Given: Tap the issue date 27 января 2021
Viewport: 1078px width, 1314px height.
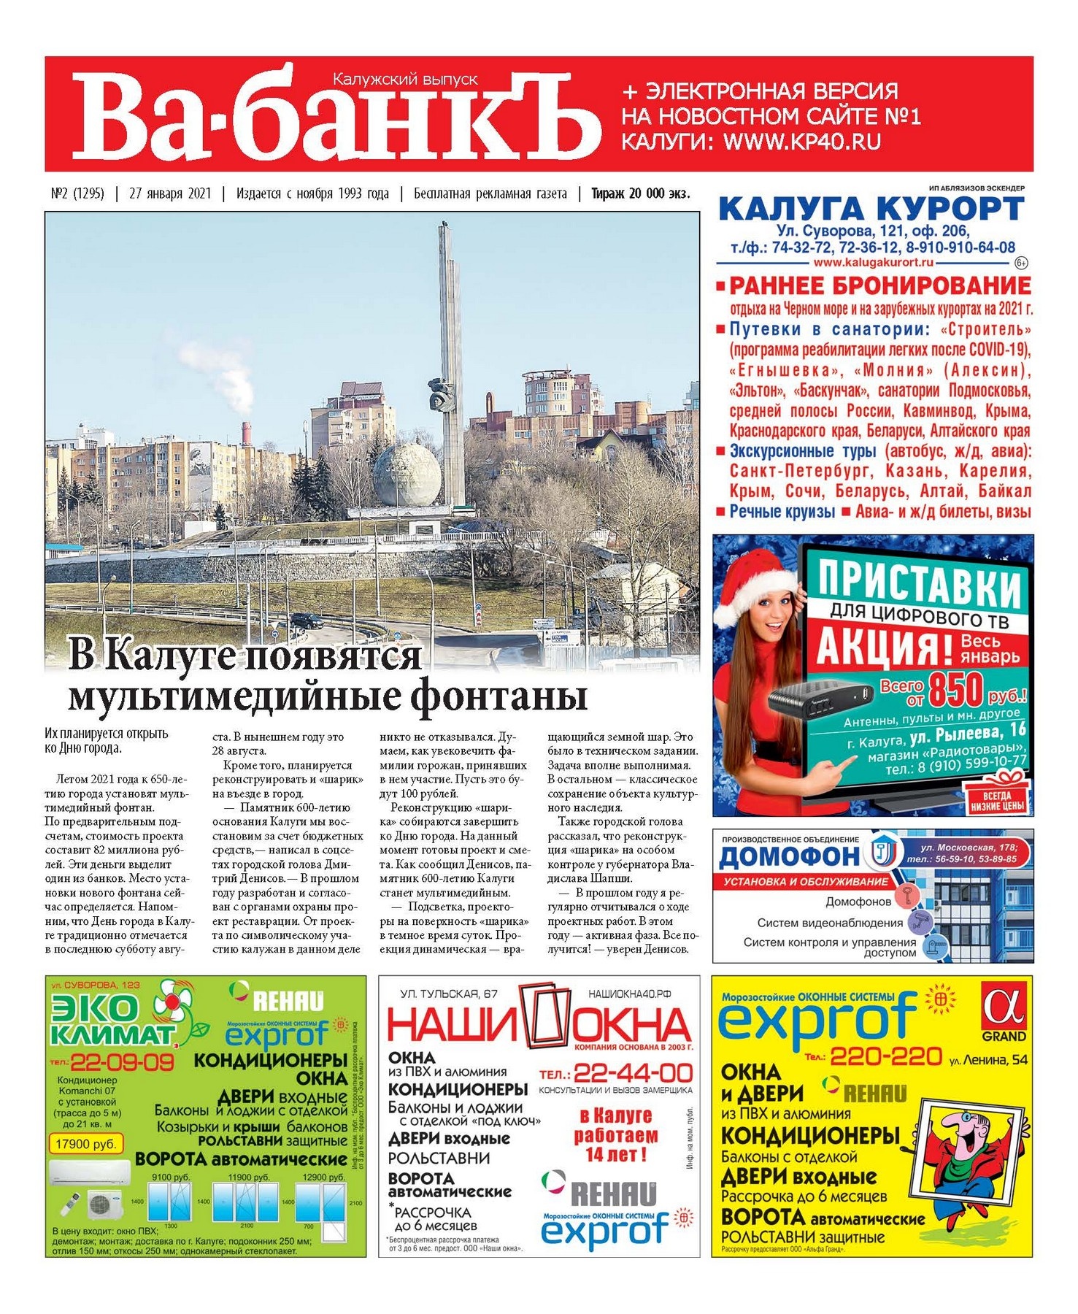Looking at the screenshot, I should [x=169, y=193].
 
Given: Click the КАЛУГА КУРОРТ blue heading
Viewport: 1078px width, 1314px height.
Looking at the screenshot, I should [x=871, y=210].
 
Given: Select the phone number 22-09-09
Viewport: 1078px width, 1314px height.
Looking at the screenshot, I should [x=121, y=1061].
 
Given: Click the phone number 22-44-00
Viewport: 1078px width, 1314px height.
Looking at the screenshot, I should [x=633, y=1073].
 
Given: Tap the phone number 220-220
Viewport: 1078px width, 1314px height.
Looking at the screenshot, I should [x=885, y=1056].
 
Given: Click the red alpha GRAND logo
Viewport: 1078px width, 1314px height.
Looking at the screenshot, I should [x=1004, y=1011].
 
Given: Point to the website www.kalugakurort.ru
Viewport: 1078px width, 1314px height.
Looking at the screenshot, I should [x=873, y=262].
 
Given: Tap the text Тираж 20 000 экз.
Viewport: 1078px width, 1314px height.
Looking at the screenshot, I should [x=640, y=193].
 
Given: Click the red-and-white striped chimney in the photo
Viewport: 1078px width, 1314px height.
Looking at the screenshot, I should [x=246, y=433].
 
